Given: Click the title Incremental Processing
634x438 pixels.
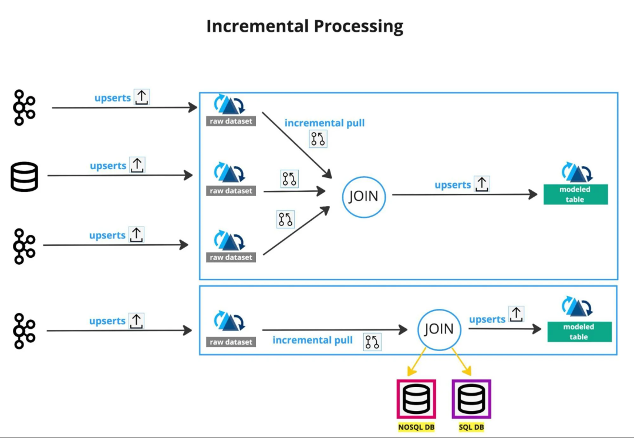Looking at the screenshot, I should [x=305, y=26].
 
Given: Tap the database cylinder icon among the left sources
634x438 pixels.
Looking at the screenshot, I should [x=25, y=177].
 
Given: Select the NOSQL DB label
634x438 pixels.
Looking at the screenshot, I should [x=416, y=427].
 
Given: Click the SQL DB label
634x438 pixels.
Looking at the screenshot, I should [x=471, y=427].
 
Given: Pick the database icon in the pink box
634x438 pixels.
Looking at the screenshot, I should [x=416, y=399].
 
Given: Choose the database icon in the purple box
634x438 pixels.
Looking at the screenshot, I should [x=471, y=399].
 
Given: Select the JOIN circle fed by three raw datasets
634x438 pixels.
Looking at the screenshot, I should [x=364, y=197].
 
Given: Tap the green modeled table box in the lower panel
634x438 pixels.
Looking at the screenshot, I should [x=579, y=332].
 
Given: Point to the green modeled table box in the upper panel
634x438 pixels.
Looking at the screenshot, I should [x=575, y=194].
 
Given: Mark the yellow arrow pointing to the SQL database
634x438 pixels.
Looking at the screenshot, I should [x=462, y=362].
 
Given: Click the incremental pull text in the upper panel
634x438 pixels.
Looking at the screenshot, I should [x=325, y=123].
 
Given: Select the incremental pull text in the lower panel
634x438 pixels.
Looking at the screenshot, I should [x=312, y=341].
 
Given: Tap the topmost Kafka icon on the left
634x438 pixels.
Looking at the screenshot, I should [x=25, y=107].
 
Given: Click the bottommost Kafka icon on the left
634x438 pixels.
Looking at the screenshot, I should [x=25, y=331].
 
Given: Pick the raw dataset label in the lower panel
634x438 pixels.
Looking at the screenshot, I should [x=231, y=342].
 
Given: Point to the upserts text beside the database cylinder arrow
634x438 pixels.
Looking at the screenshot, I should [x=108, y=166].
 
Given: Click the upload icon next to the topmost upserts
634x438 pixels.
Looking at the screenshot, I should [x=141, y=97].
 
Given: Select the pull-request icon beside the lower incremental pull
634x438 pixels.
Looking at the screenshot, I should [x=372, y=342].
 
